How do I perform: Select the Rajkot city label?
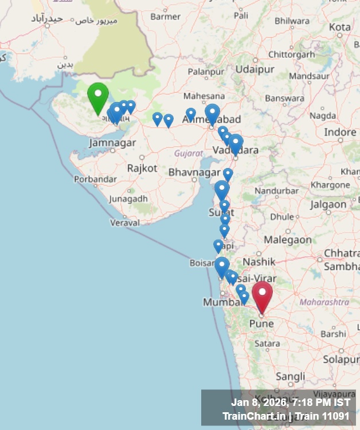142,169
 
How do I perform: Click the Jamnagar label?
112,143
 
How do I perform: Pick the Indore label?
340,132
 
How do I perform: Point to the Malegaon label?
288,240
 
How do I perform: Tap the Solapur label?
341,359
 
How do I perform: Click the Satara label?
267,343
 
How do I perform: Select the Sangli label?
290,377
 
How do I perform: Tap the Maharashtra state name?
324,302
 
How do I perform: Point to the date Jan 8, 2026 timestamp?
260,402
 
